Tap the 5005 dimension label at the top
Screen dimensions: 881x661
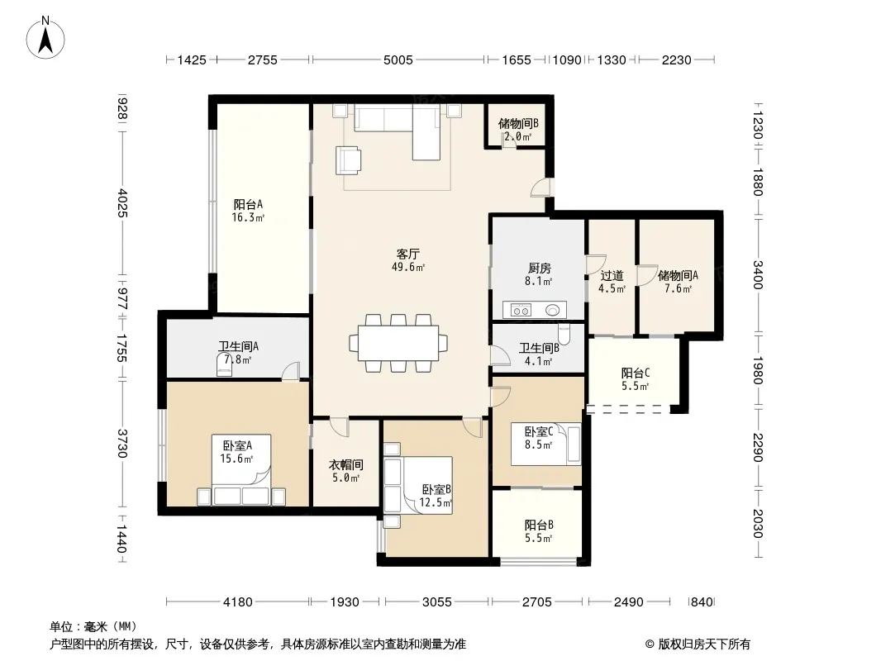[398, 59]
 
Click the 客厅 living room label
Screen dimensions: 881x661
[408, 254]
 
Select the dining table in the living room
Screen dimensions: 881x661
[398, 343]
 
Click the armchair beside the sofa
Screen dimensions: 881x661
[349, 160]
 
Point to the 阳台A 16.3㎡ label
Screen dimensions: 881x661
[248, 211]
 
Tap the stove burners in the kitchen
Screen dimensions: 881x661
[521, 310]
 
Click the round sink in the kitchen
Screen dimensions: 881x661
[553, 310]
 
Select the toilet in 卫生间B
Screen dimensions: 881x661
[564, 334]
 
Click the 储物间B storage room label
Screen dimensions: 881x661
[518, 123]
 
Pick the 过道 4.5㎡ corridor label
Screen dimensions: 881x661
[612, 282]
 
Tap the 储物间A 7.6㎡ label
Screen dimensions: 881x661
[678, 282]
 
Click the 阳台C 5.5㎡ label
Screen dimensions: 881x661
[636, 379]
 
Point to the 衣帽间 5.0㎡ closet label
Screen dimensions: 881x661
[345, 471]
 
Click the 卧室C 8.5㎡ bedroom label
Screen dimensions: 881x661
[538, 438]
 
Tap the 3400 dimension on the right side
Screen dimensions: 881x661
[758, 274]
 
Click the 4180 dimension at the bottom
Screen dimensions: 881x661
[238, 602]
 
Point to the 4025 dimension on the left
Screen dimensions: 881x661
[122, 203]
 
